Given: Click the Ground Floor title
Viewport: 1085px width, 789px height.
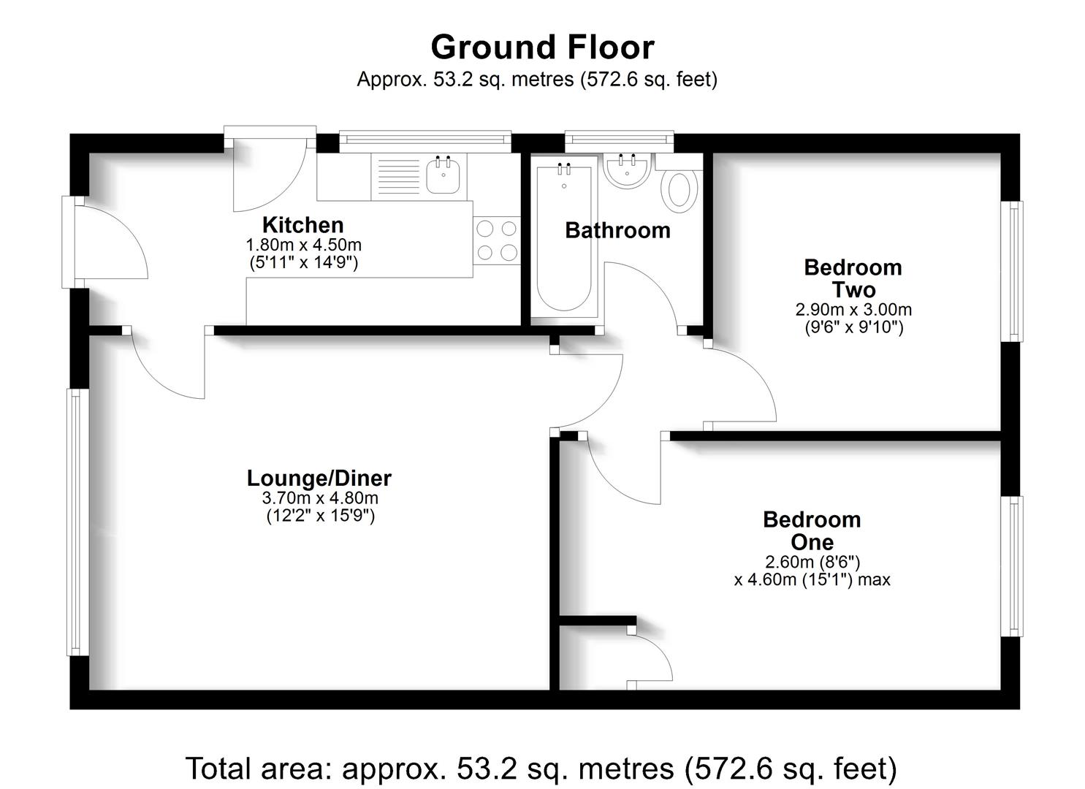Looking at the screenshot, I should [x=542, y=47].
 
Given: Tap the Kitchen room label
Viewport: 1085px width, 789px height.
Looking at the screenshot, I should [x=302, y=225].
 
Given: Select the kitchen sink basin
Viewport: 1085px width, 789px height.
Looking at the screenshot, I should [x=443, y=176].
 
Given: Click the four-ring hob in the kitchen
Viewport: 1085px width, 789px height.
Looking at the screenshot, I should [x=497, y=240].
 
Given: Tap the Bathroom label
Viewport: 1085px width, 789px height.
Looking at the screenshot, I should [x=617, y=230].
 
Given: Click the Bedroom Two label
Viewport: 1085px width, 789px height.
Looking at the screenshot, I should [x=853, y=278].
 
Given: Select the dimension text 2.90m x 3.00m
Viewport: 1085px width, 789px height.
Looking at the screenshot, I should [x=853, y=310].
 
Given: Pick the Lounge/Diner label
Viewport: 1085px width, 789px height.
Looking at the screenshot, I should [x=319, y=479].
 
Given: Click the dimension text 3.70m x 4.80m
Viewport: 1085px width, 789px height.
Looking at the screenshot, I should [x=320, y=499].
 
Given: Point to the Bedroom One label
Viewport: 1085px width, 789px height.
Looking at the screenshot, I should [x=812, y=531].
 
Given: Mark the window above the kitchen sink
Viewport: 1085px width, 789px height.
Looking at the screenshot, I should [x=425, y=141].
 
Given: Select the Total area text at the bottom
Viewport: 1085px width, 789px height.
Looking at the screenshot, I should [x=541, y=769].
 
